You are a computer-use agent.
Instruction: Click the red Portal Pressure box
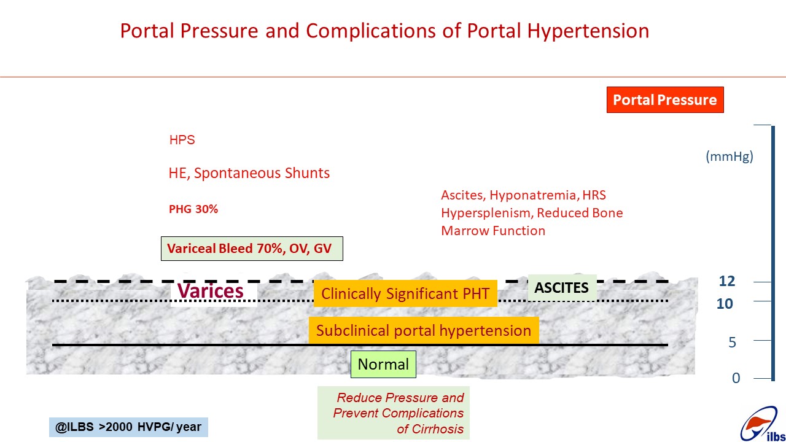665,100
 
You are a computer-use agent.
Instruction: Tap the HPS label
182,140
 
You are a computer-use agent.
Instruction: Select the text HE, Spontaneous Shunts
249,173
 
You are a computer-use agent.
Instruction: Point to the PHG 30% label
193,209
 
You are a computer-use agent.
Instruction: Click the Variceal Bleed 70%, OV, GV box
252,249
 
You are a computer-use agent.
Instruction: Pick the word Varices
210,291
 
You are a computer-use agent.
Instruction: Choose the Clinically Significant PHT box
405,293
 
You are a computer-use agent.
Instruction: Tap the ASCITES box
562,288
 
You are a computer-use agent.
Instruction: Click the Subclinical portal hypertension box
424,330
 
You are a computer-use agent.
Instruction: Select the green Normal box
383,364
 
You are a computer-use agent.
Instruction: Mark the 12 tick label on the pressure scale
726,281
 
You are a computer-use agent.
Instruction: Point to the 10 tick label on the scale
725,304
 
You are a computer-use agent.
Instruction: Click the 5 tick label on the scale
732,343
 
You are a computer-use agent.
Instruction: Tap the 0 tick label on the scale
736,378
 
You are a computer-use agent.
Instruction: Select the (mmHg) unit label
730,157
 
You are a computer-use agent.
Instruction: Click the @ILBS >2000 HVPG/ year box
128,427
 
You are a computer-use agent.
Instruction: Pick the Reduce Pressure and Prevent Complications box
394,413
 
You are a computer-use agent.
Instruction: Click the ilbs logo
761,424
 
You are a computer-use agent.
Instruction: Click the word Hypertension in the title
588,31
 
